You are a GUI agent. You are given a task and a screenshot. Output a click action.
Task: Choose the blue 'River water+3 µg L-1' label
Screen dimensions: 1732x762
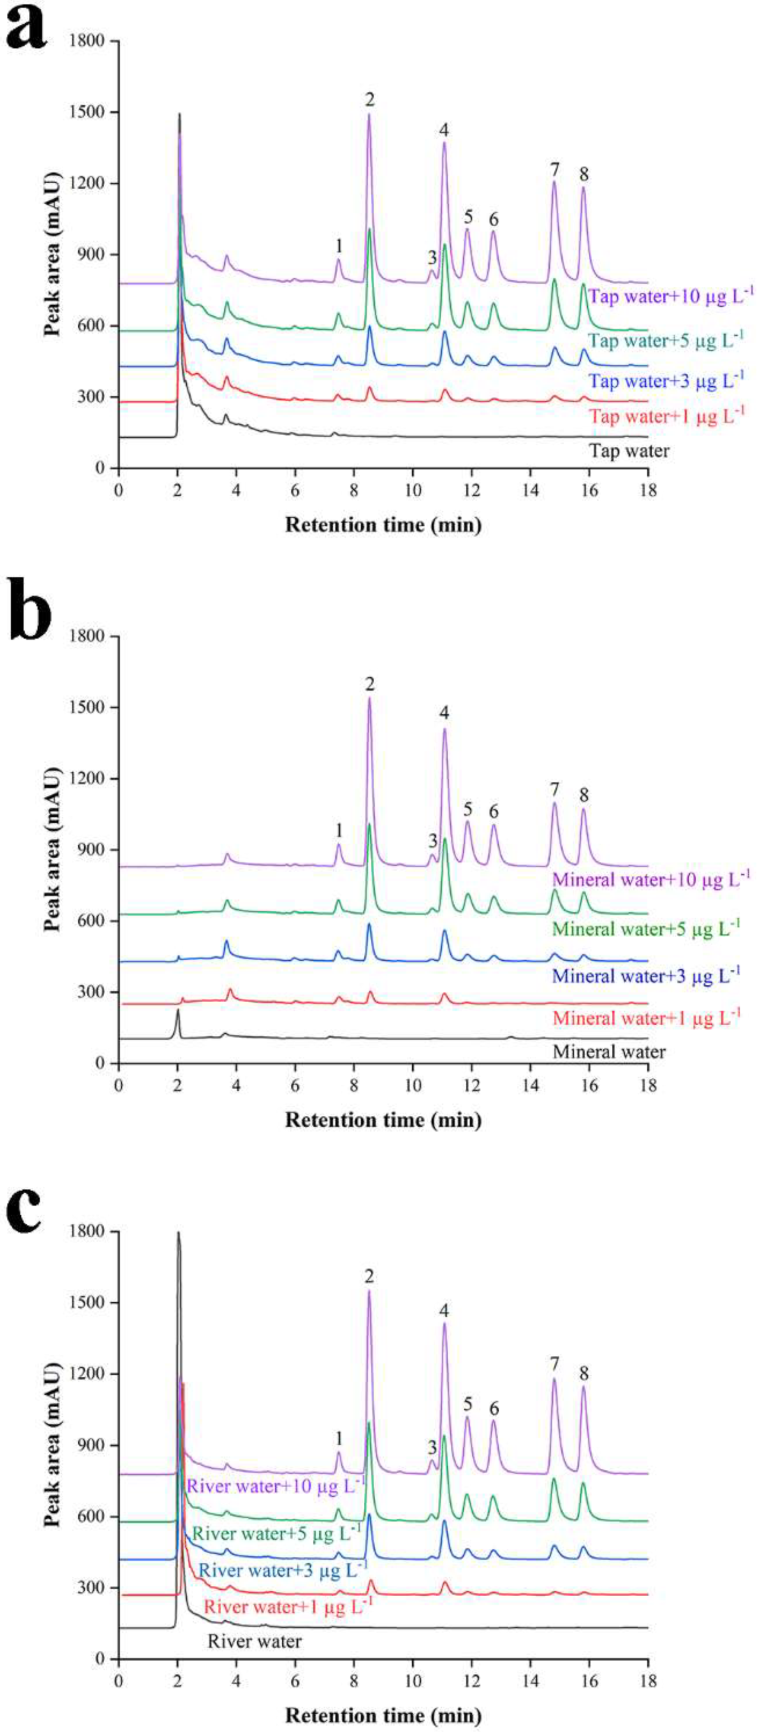[x=283, y=1565]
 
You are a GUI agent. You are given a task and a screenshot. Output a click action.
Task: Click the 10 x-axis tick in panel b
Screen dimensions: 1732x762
[x=413, y=1084]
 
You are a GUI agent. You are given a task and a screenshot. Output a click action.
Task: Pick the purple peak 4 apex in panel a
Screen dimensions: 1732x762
[x=444, y=142]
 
